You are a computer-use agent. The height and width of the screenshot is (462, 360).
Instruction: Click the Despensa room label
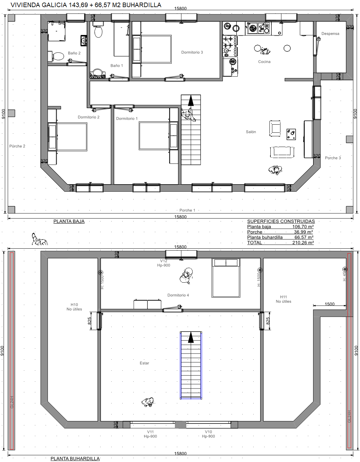pyautogui.click(x=330, y=34)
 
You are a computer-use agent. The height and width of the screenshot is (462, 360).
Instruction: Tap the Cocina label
pyautogui.click(x=264, y=62)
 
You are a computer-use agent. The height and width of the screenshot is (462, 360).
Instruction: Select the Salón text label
pyautogui.click(x=251, y=132)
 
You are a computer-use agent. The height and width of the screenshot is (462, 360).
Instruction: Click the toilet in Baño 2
pyautogui.click(x=56, y=56)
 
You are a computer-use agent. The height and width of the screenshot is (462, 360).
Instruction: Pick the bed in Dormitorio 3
pyautogui.click(x=152, y=49)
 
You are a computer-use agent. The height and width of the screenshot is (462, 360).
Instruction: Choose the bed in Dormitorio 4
pyautogui.click(x=226, y=278)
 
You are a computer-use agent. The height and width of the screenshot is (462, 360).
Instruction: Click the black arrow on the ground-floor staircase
pyautogui.click(x=191, y=100)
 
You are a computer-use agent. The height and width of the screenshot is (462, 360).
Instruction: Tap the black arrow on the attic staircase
pyautogui.click(x=191, y=338)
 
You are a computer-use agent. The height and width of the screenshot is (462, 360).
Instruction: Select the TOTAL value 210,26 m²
pyautogui.click(x=303, y=242)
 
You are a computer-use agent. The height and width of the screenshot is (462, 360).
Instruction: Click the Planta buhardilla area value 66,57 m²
pyautogui.click(x=304, y=237)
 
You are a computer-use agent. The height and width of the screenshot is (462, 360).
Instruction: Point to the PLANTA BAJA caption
pyautogui.click(x=69, y=221)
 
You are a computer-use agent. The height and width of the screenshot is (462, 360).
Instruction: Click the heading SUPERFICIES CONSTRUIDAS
pyautogui.click(x=281, y=221)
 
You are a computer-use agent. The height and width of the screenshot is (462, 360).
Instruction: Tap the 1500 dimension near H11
pyautogui.click(x=329, y=304)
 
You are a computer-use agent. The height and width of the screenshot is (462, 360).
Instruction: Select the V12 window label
pyautogui.click(x=164, y=261)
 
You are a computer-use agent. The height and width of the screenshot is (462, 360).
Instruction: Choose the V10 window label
pyautogui.click(x=208, y=432)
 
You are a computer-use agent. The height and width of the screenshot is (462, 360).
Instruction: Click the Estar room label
pyautogui.click(x=144, y=363)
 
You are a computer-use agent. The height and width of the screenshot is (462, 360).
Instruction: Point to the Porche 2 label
pyautogui.click(x=17, y=146)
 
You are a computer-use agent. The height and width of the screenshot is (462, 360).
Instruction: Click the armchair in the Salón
pyautogui.click(x=275, y=129)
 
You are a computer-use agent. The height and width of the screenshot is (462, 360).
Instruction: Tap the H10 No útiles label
pyautogui.click(x=74, y=307)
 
